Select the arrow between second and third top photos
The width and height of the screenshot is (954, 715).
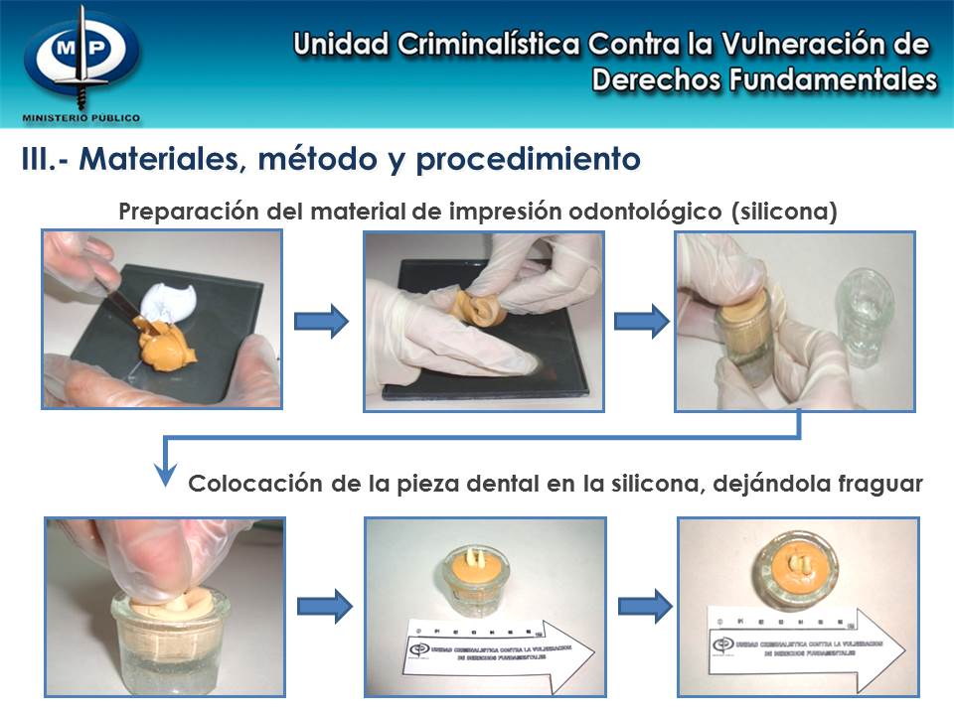(641, 320)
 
